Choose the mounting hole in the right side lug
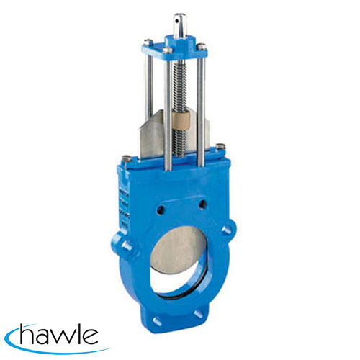click(228, 230)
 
